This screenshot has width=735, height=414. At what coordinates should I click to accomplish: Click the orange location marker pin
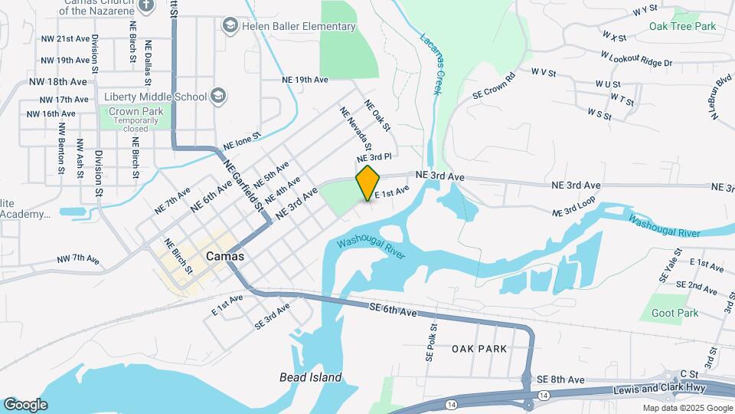(368, 182)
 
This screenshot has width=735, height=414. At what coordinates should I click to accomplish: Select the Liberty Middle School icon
(217, 96)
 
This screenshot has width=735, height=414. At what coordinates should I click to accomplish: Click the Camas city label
(225, 256)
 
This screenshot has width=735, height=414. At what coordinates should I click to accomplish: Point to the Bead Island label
(310, 377)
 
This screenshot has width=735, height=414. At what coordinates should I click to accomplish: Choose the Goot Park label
(675, 313)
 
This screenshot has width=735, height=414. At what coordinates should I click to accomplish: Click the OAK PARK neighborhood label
(479, 349)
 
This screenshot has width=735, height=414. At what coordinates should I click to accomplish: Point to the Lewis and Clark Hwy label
(649, 390)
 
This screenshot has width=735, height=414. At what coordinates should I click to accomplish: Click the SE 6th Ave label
(393, 311)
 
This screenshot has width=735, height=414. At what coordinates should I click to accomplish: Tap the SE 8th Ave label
(560, 379)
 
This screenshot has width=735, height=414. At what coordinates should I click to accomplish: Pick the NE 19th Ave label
(305, 79)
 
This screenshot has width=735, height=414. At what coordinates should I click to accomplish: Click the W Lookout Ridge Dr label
(636, 59)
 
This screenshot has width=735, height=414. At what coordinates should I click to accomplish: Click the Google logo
(25, 405)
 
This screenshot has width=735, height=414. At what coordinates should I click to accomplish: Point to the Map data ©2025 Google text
(687, 408)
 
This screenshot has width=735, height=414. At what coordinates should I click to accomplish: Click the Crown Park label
(136, 111)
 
